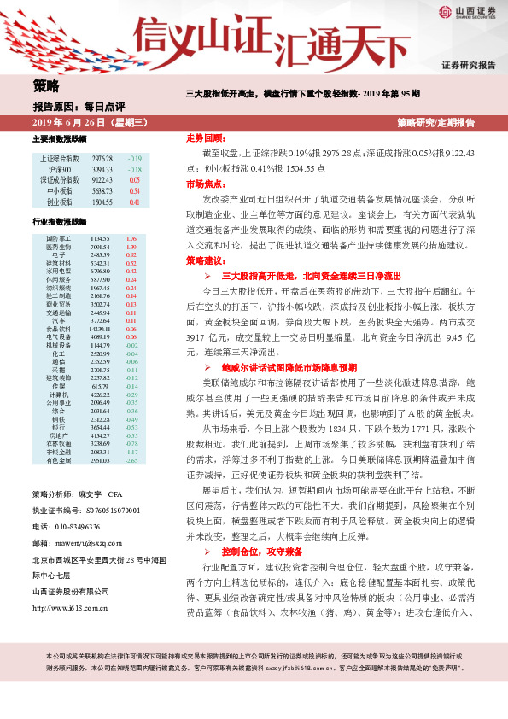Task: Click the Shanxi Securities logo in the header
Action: click(x=467, y=13)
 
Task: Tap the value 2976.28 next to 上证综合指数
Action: click(x=102, y=159)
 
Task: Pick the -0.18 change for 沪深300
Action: click(x=135, y=170)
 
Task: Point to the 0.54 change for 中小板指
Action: click(x=135, y=191)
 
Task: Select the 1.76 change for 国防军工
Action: click(x=131, y=238)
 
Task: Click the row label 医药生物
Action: click(x=58, y=247)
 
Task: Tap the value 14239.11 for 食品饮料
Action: click(x=101, y=328)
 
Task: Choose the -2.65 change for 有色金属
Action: click(x=131, y=460)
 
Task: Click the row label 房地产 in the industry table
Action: click(x=58, y=435)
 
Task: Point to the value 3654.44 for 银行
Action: click(x=101, y=427)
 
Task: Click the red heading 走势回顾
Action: click(x=205, y=137)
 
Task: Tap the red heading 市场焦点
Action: click(x=205, y=184)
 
